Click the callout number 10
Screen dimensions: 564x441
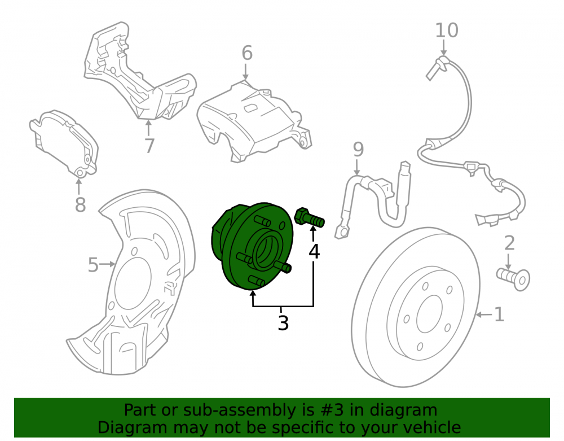click(x=447, y=30)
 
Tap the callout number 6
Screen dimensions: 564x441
click(x=247, y=53)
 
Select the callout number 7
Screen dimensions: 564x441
click(x=149, y=146)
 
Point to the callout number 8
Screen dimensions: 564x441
click(x=80, y=204)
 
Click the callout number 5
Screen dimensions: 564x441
click(x=93, y=265)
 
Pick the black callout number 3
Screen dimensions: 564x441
click(x=284, y=322)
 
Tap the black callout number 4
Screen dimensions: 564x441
click(x=314, y=251)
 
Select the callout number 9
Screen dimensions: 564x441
click(x=358, y=149)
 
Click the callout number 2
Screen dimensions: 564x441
click(x=510, y=243)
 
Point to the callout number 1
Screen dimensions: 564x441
click(x=499, y=315)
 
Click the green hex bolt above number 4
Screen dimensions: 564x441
click(x=309, y=217)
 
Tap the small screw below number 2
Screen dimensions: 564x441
click(x=513, y=278)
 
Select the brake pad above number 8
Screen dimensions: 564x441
click(x=64, y=143)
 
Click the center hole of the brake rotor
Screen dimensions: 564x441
click(x=429, y=314)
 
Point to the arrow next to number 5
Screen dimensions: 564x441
click(x=107, y=265)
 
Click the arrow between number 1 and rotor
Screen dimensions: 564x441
click(x=484, y=315)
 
